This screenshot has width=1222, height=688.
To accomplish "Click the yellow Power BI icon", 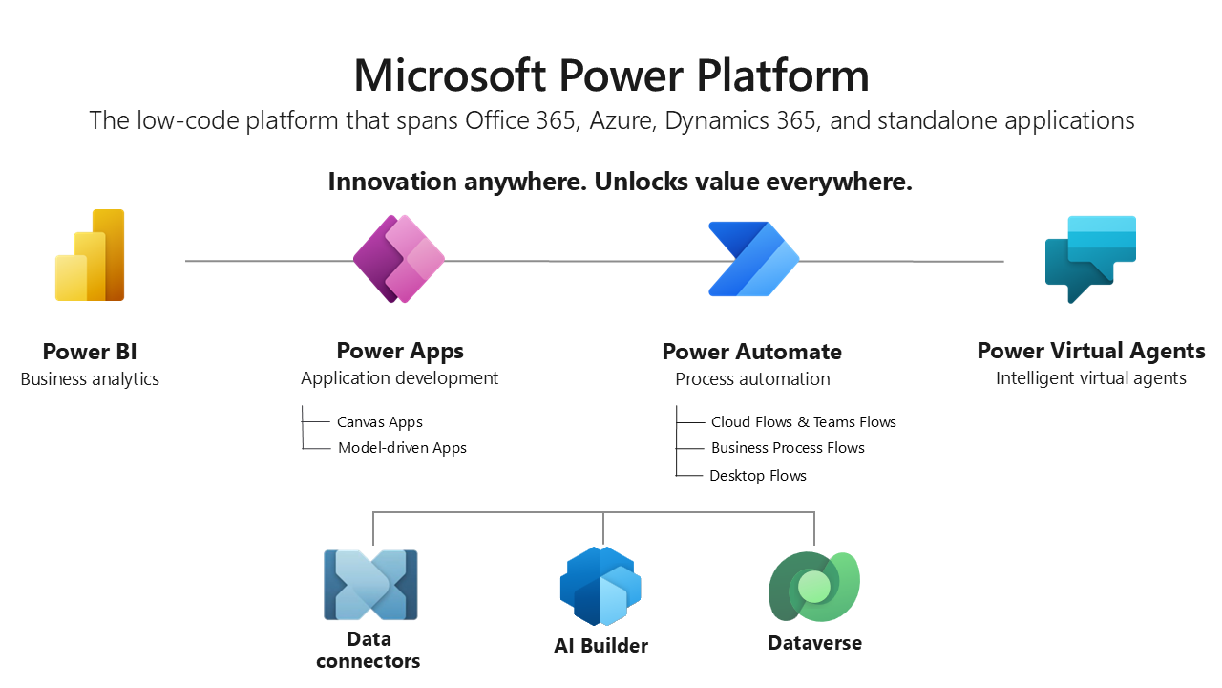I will click(x=91, y=256).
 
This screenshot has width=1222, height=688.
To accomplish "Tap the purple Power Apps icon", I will click(x=399, y=259).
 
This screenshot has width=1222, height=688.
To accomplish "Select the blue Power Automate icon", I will click(x=753, y=259).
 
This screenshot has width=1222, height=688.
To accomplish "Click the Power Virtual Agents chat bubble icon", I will click(x=1090, y=258).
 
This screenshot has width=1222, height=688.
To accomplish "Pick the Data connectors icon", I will click(x=370, y=585).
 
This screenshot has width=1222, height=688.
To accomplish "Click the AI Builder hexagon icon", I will click(x=600, y=586).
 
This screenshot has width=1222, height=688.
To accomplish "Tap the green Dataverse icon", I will click(x=814, y=587).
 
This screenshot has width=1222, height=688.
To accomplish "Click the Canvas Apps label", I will click(x=379, y=421).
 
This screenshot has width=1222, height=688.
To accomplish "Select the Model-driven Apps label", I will click(x=402, y=447).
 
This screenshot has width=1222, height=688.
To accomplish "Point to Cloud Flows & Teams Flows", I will click(x=803, y=421).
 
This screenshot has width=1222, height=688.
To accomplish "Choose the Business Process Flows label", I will click(x=788, y=447).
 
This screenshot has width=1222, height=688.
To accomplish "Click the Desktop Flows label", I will click(x=758, y=475).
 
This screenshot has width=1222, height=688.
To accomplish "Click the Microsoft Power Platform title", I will click(x=611, y=75).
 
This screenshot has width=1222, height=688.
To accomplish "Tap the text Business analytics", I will click(x=90, y=378).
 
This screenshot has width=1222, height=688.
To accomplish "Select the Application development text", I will click(x=399, y=377).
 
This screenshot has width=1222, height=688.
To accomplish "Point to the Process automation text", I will click(x=752, y=378).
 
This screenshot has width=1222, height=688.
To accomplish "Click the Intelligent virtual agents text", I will click(x=1090, y=377).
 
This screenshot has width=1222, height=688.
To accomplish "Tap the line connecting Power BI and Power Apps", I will click(x=267, y=260).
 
